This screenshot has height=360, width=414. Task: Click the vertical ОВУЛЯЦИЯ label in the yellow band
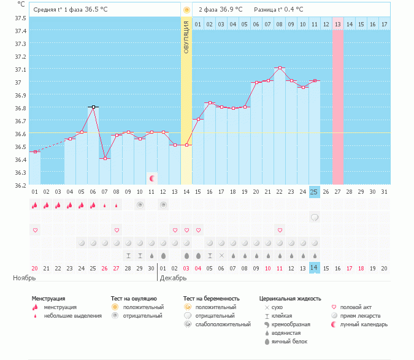pos(186,36)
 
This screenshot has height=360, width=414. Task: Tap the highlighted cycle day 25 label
pos(314,192)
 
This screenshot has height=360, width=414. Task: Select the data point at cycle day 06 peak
pos(93,107)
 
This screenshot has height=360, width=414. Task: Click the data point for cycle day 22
pos(280,67)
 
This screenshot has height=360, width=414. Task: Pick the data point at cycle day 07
pos(105,158)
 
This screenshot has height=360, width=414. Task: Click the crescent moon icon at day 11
pos(151,178)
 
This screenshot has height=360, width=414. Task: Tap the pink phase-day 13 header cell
pos(338,24)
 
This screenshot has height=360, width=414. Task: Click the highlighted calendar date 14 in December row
pos(314,268)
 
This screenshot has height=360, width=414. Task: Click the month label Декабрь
pos(174,278)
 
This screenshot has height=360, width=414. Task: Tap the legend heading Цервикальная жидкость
pos(290,299)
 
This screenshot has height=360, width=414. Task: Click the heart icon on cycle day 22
pos(280,230)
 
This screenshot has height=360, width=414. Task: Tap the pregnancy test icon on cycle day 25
pos(314,217)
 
